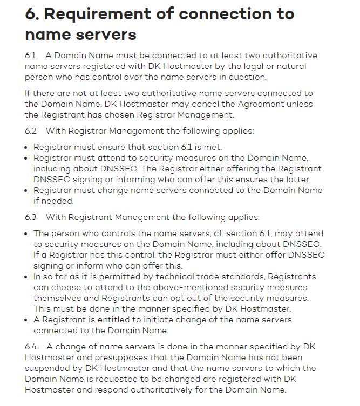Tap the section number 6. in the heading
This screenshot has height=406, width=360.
point(33,14)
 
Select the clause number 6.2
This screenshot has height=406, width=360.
point(31,131)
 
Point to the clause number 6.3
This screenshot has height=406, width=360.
point(31,217)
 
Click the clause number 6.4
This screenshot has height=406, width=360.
point(31,347)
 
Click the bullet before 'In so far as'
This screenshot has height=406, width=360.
point(28,277)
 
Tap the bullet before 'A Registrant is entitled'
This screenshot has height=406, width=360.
point(28,320)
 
